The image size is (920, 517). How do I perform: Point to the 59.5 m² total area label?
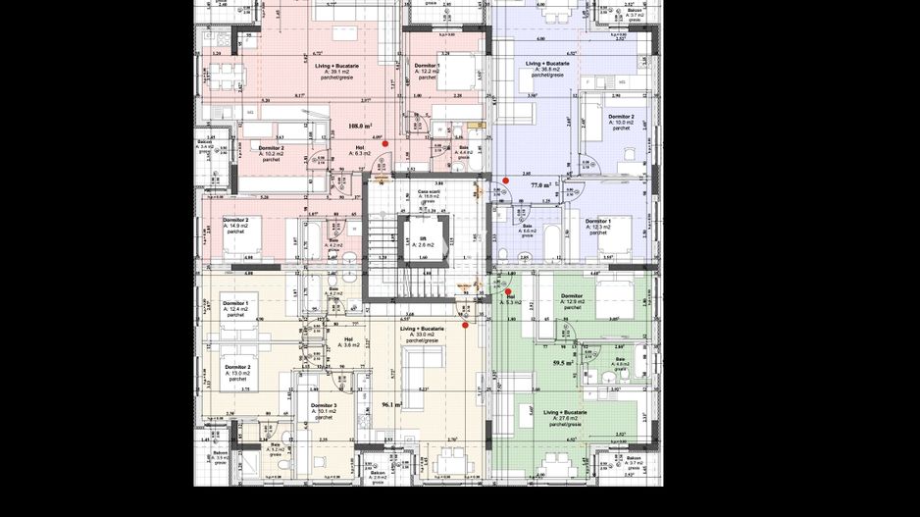coord(562,363)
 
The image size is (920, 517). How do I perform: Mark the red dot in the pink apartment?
coord(385,143)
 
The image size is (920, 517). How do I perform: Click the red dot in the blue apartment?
coord(506,181)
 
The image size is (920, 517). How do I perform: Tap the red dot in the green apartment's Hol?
coord(508,291)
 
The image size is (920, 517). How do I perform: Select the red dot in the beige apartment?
coord(465,325)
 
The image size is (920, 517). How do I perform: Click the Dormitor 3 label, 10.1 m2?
coord(324,408)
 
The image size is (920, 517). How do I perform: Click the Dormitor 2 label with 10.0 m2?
coord(621,120)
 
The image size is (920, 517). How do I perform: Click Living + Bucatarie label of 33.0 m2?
coord(423,332)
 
